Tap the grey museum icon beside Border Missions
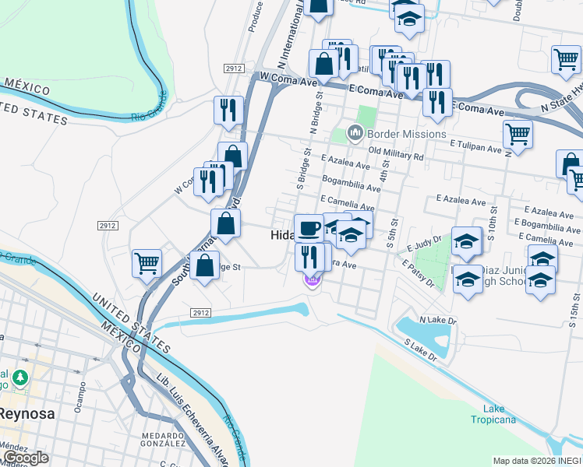(x=356, y=133)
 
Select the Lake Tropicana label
(x=493, y=414)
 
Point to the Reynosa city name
(x=27, y=413)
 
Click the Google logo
(x=26, y=458)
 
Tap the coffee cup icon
(x=309, y=228)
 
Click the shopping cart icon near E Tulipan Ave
(x=518, y=135)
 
